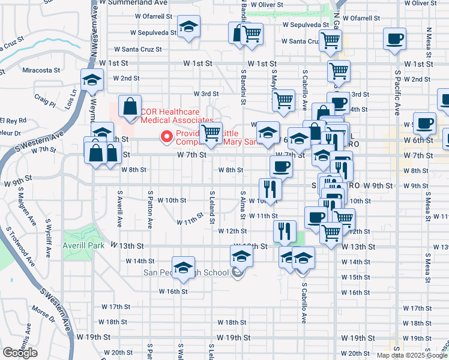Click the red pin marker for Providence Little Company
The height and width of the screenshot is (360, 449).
click(x=166, y=137)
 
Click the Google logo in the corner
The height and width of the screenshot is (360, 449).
click(x=20, y=353)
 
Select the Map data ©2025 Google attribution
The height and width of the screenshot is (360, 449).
click(x=412, y=355)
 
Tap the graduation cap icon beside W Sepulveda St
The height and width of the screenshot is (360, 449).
click(x=188, y=28)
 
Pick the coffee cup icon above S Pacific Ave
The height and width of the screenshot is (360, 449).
click(x=394, y=39)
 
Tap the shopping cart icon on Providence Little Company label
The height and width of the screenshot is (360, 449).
click(x=211, y=133)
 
